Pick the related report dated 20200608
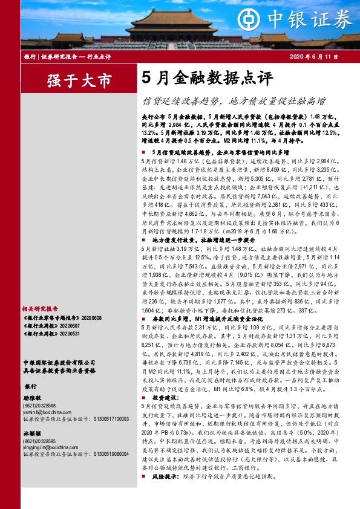coord(58,317)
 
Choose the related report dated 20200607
coord(51,325)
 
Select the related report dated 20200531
coord(51,333)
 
